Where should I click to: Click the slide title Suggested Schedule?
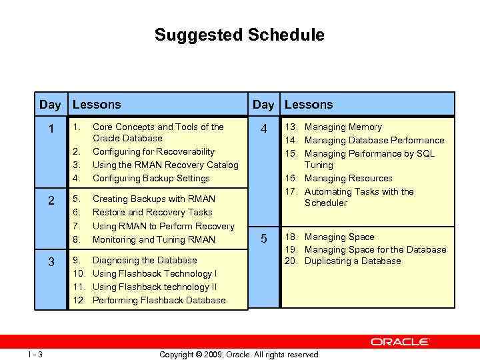239,35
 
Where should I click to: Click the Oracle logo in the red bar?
400,341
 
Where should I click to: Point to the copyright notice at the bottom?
239,355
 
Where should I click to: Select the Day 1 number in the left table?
51,129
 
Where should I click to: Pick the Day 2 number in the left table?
51,200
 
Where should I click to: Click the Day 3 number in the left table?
51,262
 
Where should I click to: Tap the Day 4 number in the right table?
264,129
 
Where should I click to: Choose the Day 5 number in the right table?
264,239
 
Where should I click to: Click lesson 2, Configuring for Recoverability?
153,152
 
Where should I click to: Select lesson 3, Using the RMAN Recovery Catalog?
165,165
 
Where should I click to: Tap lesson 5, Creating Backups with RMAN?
153,199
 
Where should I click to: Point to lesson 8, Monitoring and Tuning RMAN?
153,239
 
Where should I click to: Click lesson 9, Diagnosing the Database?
145,260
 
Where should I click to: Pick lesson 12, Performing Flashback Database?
159,300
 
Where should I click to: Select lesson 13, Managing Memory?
343,127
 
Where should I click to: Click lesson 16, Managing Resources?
348,178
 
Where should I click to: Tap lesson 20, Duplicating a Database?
353,261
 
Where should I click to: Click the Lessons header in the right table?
308,104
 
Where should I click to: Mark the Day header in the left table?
50,104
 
